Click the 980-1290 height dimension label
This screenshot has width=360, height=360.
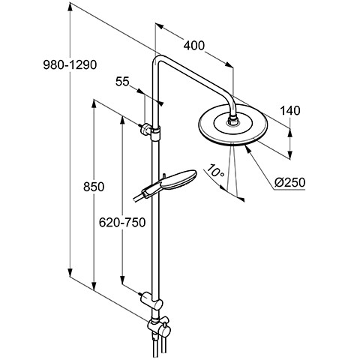(x=70, y=65)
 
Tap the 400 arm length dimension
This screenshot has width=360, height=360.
(x=194, y=46)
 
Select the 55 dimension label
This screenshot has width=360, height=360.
(x=122, y=82)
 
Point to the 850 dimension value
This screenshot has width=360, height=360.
(x=94, y=187)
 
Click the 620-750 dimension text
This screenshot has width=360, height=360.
(x=122, y=222)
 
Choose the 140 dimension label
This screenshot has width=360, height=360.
(x=289, y=110)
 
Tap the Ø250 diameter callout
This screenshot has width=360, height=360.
(x=290, y=182)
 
